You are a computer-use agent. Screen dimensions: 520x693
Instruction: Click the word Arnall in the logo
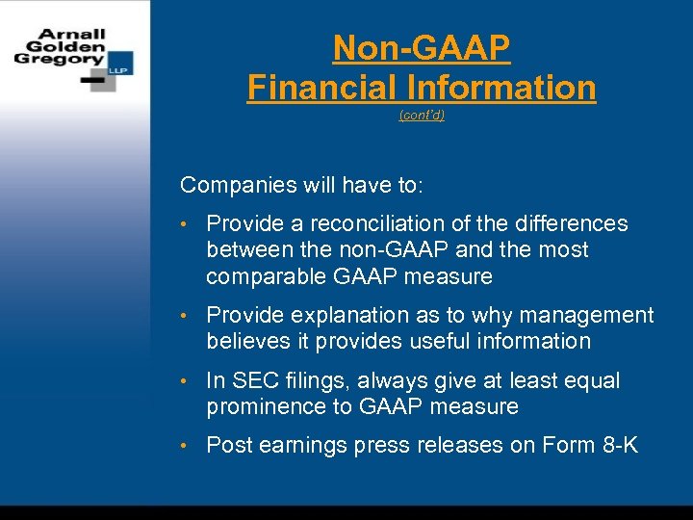coord(72,34)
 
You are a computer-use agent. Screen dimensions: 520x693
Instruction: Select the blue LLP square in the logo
coord(121,64)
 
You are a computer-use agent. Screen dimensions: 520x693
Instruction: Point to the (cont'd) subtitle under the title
coord(422,116)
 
